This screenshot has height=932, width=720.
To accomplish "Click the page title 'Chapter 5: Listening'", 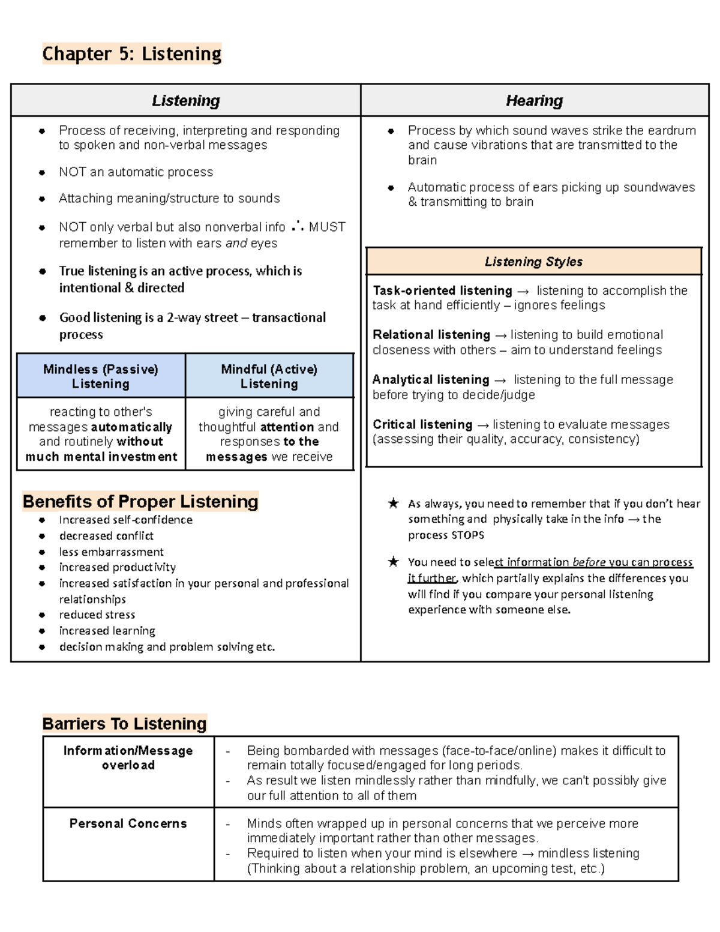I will tap(132, 54).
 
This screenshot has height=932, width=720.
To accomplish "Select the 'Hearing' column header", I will tap(534, 100).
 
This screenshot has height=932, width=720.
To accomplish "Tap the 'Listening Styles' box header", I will tap(533, 262).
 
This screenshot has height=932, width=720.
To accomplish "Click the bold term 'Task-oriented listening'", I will tap(442, 290).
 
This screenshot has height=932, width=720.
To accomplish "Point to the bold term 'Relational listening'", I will tap(431, 335).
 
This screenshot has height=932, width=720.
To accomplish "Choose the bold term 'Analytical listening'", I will tap(431, 380).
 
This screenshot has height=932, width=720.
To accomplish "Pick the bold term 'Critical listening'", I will tap(422, 424).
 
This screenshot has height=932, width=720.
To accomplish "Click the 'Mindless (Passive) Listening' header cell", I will tap(101, 376).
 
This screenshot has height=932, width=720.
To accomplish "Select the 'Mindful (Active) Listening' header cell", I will tap(269, 376).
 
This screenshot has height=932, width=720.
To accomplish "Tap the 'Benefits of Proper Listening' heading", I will tap(140, 501).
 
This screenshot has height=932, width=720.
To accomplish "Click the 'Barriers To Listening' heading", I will tap(124, 724).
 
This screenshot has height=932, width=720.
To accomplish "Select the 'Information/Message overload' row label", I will tap(128, 757).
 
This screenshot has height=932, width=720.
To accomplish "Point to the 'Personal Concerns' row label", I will tap(128, 823).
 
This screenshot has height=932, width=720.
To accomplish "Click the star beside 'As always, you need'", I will tap(393, 504).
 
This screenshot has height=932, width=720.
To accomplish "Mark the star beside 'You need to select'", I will tap(393, 562).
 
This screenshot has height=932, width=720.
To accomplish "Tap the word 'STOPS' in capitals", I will tap(468, 535).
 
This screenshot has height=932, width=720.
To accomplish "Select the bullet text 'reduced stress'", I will tap(97, 615).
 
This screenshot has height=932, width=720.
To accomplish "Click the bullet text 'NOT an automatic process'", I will tap(136, 172).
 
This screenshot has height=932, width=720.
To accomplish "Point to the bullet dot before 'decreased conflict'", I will tap(42, 536).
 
